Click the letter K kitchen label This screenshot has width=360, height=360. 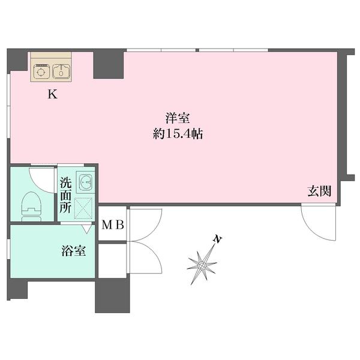[x=52, y=94]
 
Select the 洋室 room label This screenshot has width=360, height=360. [x=178, y=118]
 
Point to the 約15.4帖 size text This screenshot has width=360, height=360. [x=178, y=133]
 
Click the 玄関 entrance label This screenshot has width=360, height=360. [x=319, y=191]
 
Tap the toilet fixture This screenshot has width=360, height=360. [x=31, y=207]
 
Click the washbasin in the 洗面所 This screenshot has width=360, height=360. [x=86, y=181]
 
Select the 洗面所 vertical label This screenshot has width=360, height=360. [x=65, y=196]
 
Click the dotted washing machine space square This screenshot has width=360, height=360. [x=83, y=208]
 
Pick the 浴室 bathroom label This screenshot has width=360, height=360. [x=74, y=251]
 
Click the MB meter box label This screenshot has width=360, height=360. [x=113, y=225]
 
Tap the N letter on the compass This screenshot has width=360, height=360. [x=217, y=239]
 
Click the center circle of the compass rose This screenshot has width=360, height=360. [x=202, y=266]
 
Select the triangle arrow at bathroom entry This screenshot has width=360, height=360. [x=86, y=229]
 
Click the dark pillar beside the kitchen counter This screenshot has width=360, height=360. [x=109, y=65]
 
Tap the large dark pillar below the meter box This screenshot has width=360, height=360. [x=113, y=296]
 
